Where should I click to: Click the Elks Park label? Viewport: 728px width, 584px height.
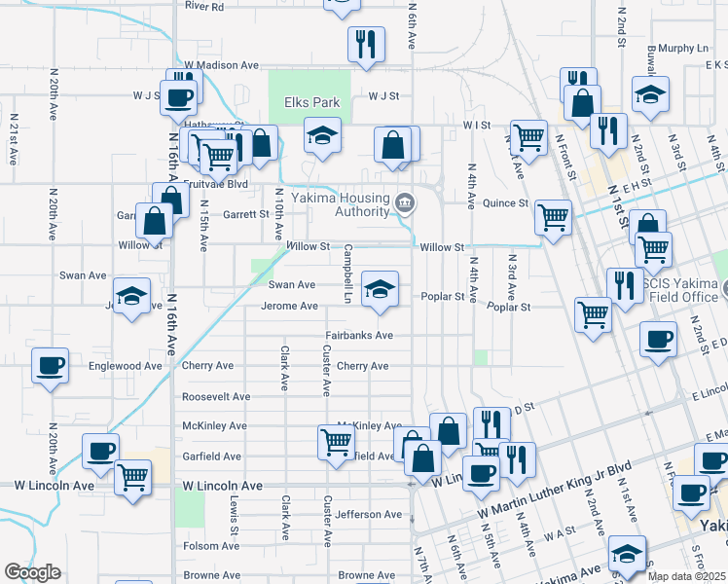pyautogui.click(x=311, y=102)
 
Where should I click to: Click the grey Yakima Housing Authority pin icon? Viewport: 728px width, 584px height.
pyautogui.click(x=406, y=204)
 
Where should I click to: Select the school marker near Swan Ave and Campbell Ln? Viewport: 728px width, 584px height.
pyautogui.click(x=381, y=288)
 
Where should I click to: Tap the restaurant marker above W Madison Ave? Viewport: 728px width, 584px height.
pyautogui.click(x=366, y=44)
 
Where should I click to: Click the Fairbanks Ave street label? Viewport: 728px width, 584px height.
pyautogui.click(x=358, y=335)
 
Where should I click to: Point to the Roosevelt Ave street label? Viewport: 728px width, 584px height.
pyautogui.click(x=215, y=397)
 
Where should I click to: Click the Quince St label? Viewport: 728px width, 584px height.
pyautogui.click(x=506, y=203)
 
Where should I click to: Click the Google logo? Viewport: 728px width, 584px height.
pyautogui.click(x=32, y=572)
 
